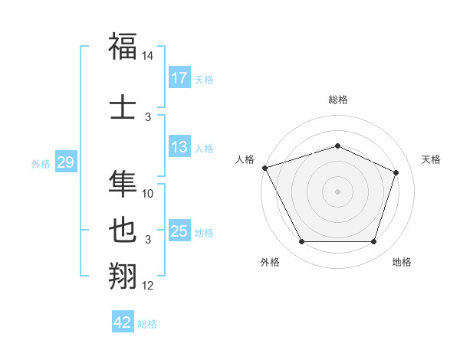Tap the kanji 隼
pyautogui.click(x=123, y=182)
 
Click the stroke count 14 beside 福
pyautogui.click(x=148, y=57)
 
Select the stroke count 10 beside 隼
pyautogui.click(x=148, y=194)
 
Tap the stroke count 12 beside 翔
pyautogui.click(x=148, y=286)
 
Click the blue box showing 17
pyautogui.click(x=179, y=78)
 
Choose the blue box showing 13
pyautogui.click(x=179, y=147)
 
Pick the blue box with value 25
pyautogui.click(x=179, y=231)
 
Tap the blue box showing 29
pyautogui.click(x=65, y=162)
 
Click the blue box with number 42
pyautogui.click(x=122, y=322)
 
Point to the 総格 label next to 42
pyautogui.click(x=147, y=324)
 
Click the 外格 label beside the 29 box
pyautogui.click(x=41, y=164)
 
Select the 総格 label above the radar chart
pyautogui.click(x=337, y=100)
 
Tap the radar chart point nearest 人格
pyautogui.click(x=264, y=168)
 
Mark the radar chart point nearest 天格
pyautogui.click(x=396, y=172)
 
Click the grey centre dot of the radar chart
pyautogui.click(x=337, y=191)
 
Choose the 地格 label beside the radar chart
pyautogui.click(x=402, y=262)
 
